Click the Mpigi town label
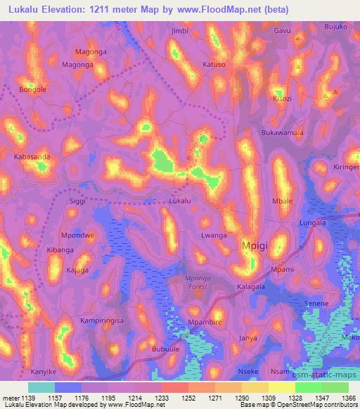tap(256, 247)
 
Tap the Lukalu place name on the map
tap(180, 201)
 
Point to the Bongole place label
tap(33, 90)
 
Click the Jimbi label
tap(180, 32)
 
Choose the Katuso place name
tap(214, 65)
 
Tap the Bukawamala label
tap(282, 132)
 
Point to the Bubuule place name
tap(167, 349)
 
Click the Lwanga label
tap(214, 235)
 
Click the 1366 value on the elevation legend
tap(349, 397)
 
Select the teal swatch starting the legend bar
tap(41, 387)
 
